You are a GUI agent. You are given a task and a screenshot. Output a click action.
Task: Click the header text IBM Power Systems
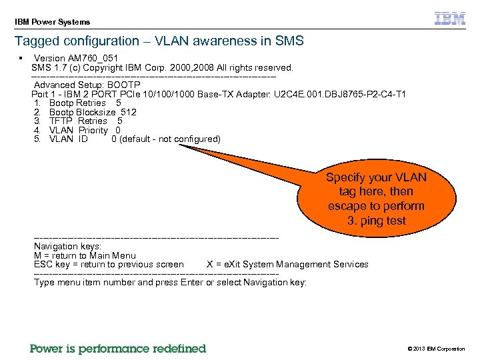(52, 22)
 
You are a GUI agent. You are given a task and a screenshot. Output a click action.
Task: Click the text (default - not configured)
(169, 139)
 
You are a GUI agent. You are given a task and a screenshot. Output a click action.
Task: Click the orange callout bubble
(376, 199)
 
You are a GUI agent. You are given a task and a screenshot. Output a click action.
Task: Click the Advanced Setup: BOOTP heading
(87, 85)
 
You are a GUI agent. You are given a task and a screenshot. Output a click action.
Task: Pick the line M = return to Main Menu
(85, 255)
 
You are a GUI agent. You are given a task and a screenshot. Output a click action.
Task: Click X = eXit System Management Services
(287, 265)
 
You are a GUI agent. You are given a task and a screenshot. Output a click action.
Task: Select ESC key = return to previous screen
(109, 265)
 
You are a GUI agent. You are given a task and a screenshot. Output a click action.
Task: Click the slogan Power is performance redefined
(118, 349)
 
